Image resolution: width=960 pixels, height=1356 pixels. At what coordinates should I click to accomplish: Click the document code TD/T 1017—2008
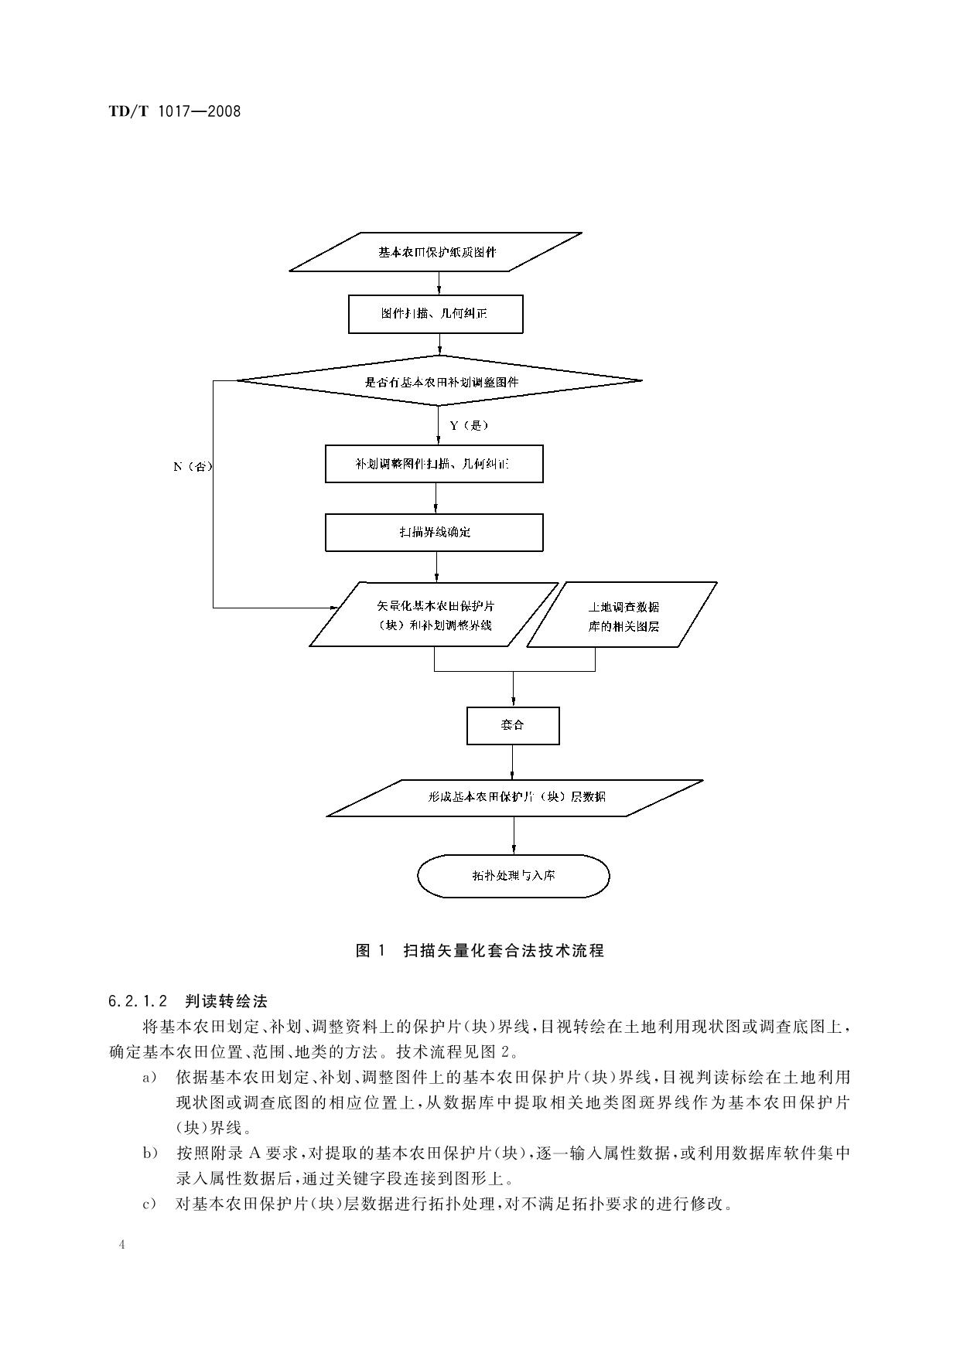coord(175,111)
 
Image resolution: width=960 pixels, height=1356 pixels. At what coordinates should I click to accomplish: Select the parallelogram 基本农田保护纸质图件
coord(436,252)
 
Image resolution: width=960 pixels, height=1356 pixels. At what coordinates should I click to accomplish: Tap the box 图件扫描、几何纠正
coord(435,314)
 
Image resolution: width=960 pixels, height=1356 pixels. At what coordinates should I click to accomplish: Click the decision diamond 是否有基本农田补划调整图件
coord(439,381)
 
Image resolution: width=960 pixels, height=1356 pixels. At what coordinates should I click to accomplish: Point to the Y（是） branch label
coord(469,425)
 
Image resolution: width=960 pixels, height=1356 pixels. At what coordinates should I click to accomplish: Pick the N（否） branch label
coord(193,466)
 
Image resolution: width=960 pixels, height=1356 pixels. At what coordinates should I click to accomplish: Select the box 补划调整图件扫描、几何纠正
coord(433,464)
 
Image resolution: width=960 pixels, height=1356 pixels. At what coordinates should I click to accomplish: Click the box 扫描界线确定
coord(433,532)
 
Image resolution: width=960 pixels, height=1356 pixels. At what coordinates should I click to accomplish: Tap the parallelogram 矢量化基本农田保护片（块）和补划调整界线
coord(434,615)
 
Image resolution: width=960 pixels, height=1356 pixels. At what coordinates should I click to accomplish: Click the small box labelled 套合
coord(512,725)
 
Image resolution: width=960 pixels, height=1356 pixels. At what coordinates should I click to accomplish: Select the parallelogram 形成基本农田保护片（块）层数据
coord(516,797)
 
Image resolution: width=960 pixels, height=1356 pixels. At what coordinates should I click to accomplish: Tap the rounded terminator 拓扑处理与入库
coord(514,876)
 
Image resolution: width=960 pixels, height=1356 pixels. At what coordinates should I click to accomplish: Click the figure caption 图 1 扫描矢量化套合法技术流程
coord(480,951)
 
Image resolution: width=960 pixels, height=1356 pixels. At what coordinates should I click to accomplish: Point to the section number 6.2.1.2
coord(138,1001)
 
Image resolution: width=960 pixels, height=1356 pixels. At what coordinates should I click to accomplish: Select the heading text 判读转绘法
coord(226,1001)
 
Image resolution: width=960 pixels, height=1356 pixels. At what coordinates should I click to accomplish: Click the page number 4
coord(121,1244)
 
